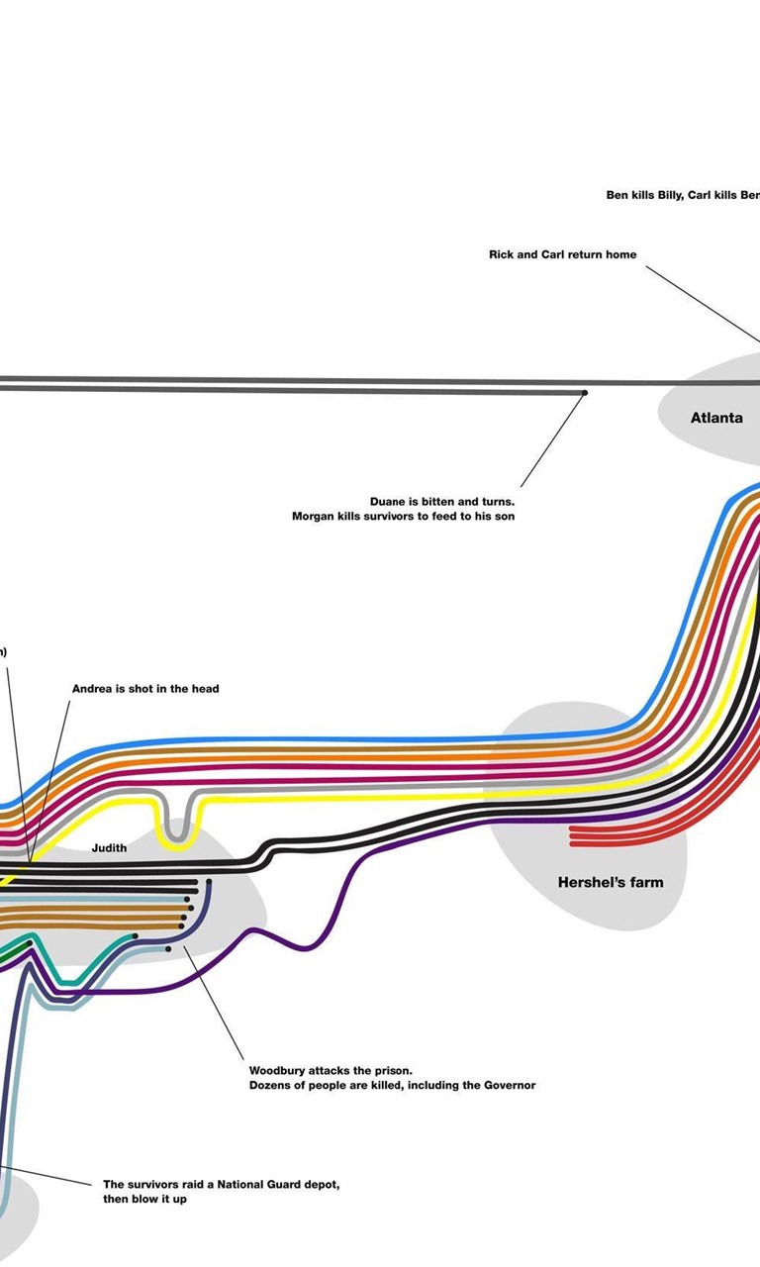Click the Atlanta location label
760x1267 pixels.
point(716,418)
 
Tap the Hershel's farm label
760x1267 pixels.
point(611,882)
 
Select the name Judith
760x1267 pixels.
point(109,848)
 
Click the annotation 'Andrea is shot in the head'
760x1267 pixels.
point(145,688)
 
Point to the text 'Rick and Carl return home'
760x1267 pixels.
point(563,254)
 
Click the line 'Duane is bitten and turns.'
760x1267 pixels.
point(442,501)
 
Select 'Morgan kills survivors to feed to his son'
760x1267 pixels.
point(403,516)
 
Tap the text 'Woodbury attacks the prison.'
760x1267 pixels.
point(331,1070)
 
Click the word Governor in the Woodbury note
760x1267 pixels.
point(511,1085)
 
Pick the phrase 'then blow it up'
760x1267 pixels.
point(144,1199)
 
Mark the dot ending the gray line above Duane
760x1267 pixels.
point(585,393)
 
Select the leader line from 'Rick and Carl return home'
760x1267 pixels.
point(703,304)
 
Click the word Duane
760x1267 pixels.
point(387,501)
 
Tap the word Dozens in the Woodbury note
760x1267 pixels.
point(269,1085)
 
